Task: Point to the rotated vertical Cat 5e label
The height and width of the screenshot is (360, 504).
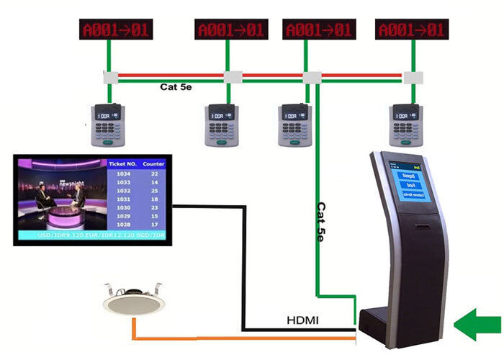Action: pyautogui.click(x=322, y=220)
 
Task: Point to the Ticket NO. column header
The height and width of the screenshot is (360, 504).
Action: pyautogui.click(x=122, y=164)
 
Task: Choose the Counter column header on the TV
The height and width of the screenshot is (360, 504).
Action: pyautogui.click(x=153, y=164)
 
